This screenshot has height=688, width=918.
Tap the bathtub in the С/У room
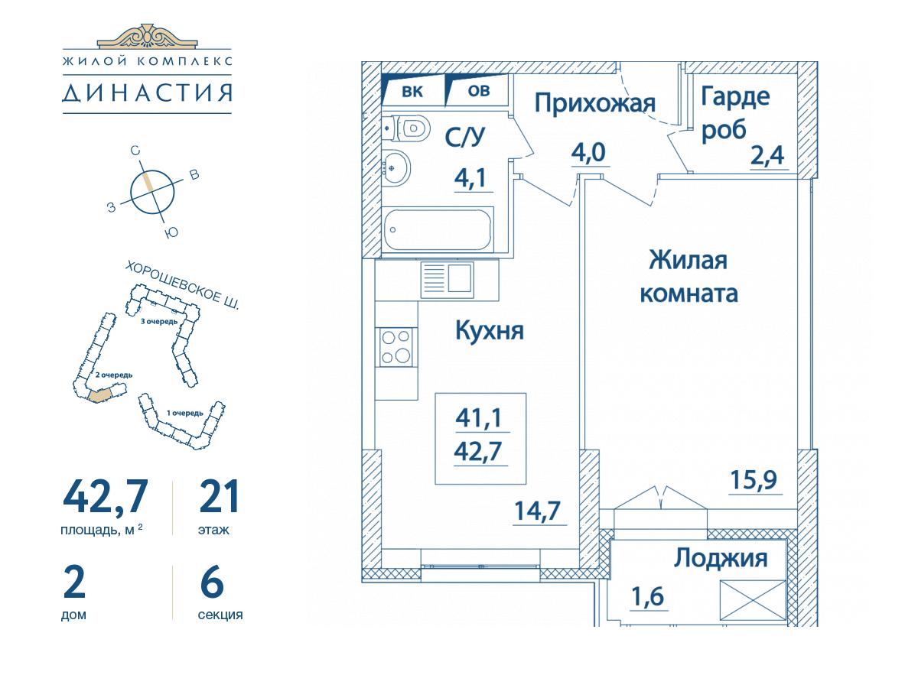pyautogui.click(x=438, y=230)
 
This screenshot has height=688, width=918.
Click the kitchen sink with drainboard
pyautogui.click(x=447, y=279)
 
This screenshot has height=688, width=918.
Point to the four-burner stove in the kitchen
pyautogui.click(x=396, y=347)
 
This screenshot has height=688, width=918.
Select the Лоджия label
pyautogui.click(x=721, y=558)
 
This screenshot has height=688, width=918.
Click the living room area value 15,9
pyautogui.click(x=754, y=479)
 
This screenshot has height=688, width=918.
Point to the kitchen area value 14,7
pyautogui.click(x=538, y=511)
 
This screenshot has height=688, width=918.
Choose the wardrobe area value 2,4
pyautogui.click(x=767, y=156)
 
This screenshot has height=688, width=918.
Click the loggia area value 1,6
pyautogui.click(x=648, y=596)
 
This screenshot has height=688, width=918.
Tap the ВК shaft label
pyautogui.click(x=412, y=92)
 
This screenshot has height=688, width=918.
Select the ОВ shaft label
pyautogui.click(x=478, y=91)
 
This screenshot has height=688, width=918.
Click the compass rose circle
pyautogui.click(x=152, y=192)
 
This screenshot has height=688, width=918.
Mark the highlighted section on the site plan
pyautogui.click(x=100, y=395)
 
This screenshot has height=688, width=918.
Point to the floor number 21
pyautogui.click(x=219, y=496)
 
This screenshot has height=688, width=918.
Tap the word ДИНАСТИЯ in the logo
pyautogui.click(x=147, y=92)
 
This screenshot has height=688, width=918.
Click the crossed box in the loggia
pyautogui.click(x=753, y=600)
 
